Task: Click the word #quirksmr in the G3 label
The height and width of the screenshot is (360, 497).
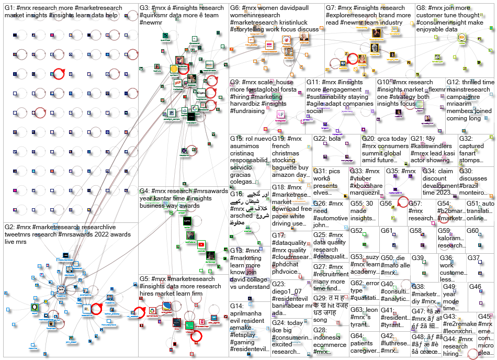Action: click(x=157, y=16)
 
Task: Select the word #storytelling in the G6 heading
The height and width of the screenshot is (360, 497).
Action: click(x=250, y=29)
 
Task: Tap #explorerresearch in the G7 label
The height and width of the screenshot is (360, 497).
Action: click(x=353, y=16)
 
